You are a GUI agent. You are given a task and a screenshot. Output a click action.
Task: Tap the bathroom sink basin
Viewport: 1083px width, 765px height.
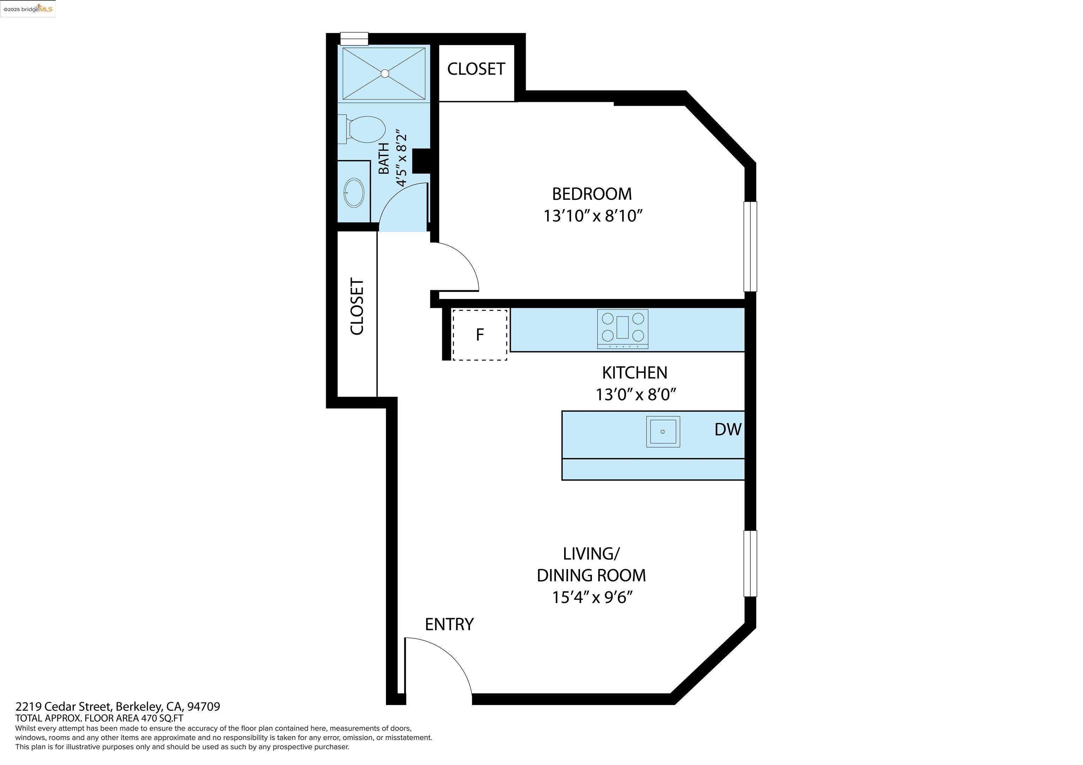point(354,193)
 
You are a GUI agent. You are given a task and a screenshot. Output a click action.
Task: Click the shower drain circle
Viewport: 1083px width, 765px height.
point(385,74)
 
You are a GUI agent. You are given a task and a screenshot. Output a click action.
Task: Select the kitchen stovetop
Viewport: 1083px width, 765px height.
point(623,329)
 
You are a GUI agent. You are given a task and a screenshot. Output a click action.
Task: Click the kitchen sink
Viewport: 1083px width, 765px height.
point(663,432)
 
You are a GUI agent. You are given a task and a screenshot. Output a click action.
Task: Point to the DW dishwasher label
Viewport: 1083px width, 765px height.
point(728,429)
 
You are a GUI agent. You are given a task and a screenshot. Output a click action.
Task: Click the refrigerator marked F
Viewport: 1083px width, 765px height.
point(480,335)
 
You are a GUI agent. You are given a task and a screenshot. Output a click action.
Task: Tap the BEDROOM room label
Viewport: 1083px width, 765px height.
point(592,194)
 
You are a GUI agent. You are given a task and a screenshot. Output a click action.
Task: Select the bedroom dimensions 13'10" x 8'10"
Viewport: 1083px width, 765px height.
point(593,216)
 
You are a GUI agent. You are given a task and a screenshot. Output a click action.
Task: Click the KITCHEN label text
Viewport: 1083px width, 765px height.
point(635,373)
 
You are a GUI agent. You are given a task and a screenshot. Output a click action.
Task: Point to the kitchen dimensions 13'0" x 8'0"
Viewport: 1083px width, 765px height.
point(636,394)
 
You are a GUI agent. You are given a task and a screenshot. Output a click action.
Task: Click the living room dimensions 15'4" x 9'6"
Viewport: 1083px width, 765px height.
point(593,597)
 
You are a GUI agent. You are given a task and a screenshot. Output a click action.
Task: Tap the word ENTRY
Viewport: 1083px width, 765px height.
point(449,624)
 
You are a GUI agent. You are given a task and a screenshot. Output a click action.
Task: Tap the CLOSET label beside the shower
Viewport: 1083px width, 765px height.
point(476,69)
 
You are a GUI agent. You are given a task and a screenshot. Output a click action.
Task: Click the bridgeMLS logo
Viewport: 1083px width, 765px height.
point(28,8)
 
